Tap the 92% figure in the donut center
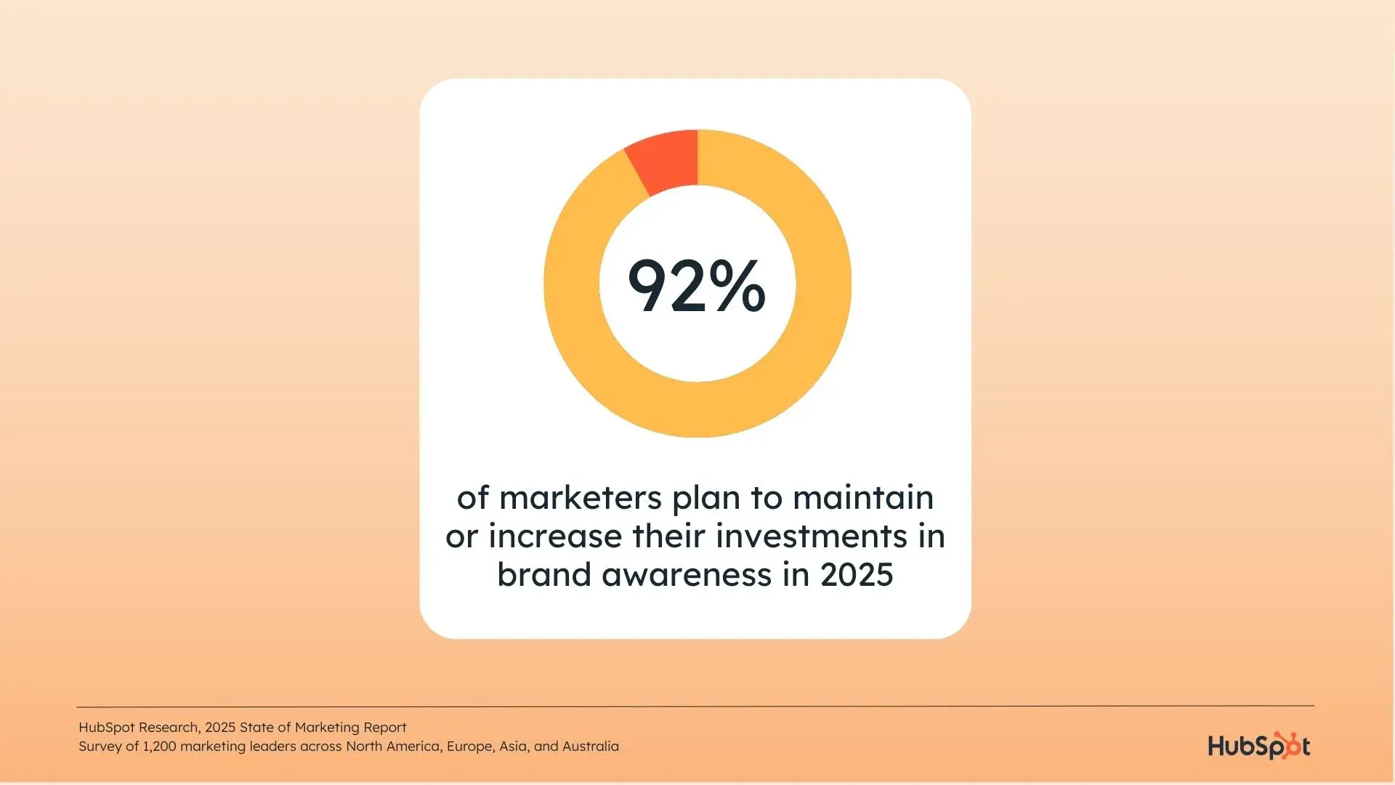tap(696, 286)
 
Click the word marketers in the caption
tap(581, 498)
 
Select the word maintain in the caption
tap(863, 498)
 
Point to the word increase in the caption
tap(556, 536)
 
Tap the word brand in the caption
tap(544, 574)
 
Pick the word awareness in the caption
tap(687, 575)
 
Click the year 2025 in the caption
tap(857, 575)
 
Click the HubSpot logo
tap(1259, 746)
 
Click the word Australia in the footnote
tap(591, 746)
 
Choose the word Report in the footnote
tap(384, 728)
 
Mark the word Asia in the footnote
tap(514, 746)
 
